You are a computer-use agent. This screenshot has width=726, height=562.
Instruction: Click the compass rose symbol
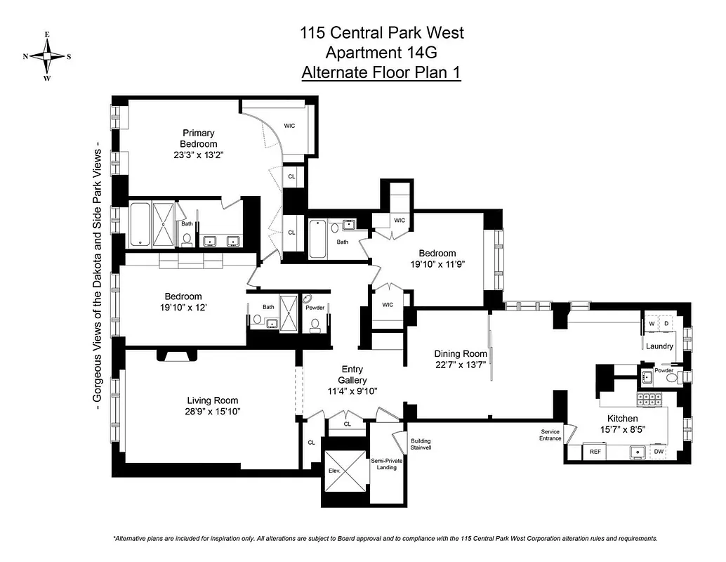[47, 56]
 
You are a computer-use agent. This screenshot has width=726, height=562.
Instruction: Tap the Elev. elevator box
[334, 471]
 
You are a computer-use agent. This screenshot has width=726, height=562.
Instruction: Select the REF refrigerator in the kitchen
[595, 452]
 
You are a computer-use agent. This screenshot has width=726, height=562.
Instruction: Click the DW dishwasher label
[659, 452]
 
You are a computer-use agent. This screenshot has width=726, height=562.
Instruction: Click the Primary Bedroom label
[198, 138]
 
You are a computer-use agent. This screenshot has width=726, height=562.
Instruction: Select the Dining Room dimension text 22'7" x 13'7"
[460, 365]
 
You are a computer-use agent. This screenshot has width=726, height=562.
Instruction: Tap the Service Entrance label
[550, 435]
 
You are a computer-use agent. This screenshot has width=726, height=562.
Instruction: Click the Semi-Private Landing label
[386, 464]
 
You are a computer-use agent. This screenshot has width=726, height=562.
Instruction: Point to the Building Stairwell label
[421, 445]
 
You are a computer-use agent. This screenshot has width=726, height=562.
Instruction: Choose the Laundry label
[659, 346]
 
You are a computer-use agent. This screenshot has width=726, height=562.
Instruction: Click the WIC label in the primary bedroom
[289, 126]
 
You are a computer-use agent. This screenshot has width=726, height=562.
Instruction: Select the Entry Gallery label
[352, 374]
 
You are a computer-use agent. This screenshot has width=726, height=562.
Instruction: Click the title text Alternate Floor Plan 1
[381, 72]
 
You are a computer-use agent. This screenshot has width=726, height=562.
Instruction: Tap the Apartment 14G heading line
[381, 52]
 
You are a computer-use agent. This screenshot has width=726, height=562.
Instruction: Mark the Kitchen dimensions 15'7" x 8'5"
[623, 429]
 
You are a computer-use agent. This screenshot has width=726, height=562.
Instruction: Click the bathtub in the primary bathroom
[140, 224]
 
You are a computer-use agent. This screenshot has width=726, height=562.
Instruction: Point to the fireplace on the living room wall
[175, 355]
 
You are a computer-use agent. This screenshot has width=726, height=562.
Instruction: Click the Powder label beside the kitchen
[664, 370]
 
